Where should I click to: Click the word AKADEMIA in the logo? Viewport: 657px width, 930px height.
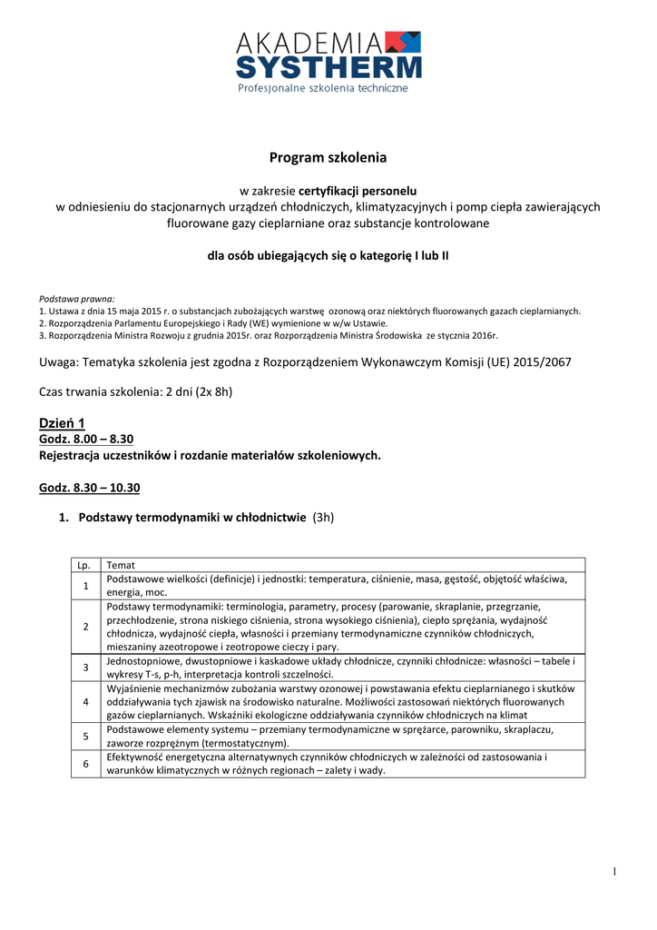[x=308, y=41]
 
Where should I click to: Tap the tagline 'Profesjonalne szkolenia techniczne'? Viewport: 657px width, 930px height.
[x=323, y=88]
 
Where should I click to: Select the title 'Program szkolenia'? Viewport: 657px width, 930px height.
[x=328, y=158]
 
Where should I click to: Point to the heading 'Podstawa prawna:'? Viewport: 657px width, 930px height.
[x=77, y=298]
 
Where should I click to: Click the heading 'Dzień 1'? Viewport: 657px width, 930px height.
[x=62, y=423]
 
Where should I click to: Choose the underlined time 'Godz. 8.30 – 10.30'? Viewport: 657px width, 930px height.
[x=90, y=488]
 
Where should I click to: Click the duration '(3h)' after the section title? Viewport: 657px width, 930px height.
[x=323, y=518]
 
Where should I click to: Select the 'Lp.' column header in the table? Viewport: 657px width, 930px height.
[x=85, y=565]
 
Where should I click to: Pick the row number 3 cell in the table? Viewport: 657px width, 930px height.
[x=85, y=668]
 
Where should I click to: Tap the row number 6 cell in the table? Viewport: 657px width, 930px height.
[x=85, y=764]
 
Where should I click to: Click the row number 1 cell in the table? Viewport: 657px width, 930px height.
[x=85, y=585]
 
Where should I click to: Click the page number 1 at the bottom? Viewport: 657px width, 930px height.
[x=614, y=872]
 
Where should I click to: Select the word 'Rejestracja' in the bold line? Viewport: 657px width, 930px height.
[x=69, y=455]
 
